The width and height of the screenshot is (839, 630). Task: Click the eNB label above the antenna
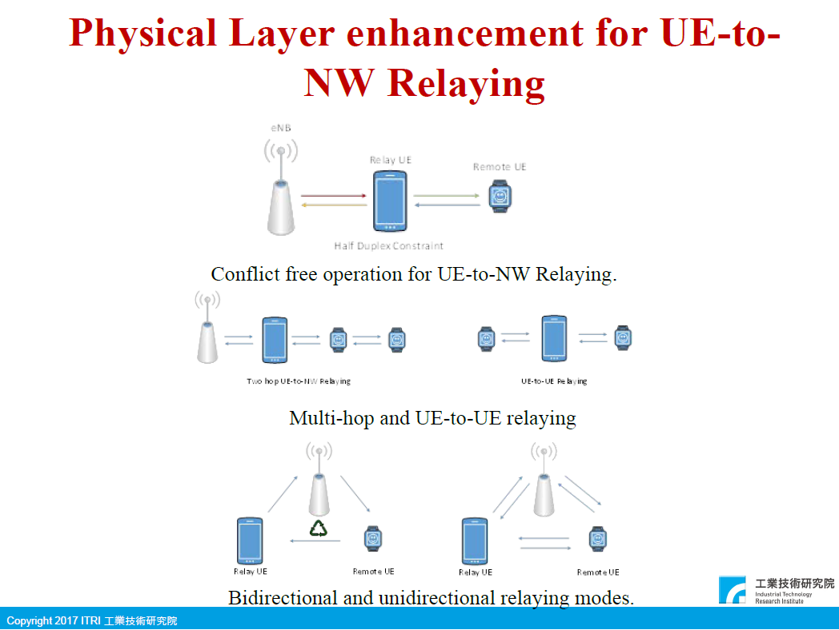pos(280,129)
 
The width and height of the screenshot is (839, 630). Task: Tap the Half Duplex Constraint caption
pos(389,245)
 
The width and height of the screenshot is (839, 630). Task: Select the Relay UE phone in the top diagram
pos(390,201)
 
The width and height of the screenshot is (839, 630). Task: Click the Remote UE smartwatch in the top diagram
pos(500,196)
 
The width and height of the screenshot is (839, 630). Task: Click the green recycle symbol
pos(319,528)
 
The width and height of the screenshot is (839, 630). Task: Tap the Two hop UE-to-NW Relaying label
pos(298,381)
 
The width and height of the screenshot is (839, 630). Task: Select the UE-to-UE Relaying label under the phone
pos(554,381)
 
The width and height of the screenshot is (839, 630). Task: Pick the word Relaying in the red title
pos(467,82)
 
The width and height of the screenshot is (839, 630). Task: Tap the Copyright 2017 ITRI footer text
pos(91,621)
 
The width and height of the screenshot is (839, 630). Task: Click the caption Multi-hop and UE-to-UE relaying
pos(432,417)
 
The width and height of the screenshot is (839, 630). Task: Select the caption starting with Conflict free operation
pos(414,274)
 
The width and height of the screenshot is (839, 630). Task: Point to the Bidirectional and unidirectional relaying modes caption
pos(431,597)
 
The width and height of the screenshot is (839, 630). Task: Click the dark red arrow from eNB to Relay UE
pos(334,194)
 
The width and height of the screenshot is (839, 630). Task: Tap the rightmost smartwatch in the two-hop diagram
pos(396,339)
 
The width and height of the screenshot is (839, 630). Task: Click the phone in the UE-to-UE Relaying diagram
pos(554,339)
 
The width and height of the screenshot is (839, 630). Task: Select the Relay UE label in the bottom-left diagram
pos(251,572)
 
